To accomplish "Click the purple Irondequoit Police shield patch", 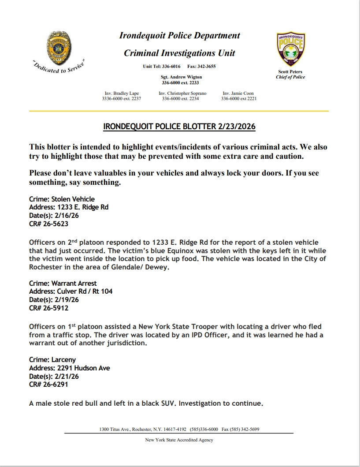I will [x=290, y=49].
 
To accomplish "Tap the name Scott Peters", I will [x=290, y=71].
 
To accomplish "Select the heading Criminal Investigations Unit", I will [x=179, y=53].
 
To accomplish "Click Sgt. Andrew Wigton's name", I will [x=181, y=77].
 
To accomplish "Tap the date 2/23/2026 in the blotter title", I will [x=236, y=127].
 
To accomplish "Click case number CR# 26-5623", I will [x=48, y=224].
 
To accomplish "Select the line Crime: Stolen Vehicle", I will [x=62, y=199].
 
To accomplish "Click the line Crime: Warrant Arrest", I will [x=63, y=283].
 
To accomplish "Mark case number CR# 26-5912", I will [x=48, y=308].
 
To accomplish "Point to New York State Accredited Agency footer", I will [x=179, y=440].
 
